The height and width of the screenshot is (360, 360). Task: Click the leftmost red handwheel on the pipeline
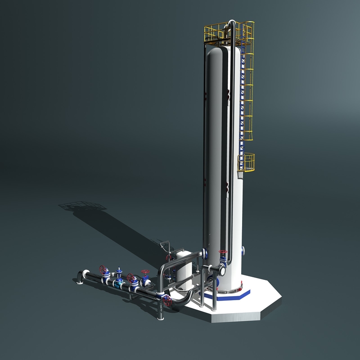[104, 270]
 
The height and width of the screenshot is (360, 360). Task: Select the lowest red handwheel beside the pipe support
[167, 299]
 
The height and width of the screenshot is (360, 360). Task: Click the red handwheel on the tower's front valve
[222, 253]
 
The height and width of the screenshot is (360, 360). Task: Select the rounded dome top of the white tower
[220, 49]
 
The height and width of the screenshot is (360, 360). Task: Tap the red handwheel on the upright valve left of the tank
[169, 258]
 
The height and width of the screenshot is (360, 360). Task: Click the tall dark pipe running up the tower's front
[230, 135]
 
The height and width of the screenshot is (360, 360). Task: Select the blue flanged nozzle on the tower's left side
[205, 253]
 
